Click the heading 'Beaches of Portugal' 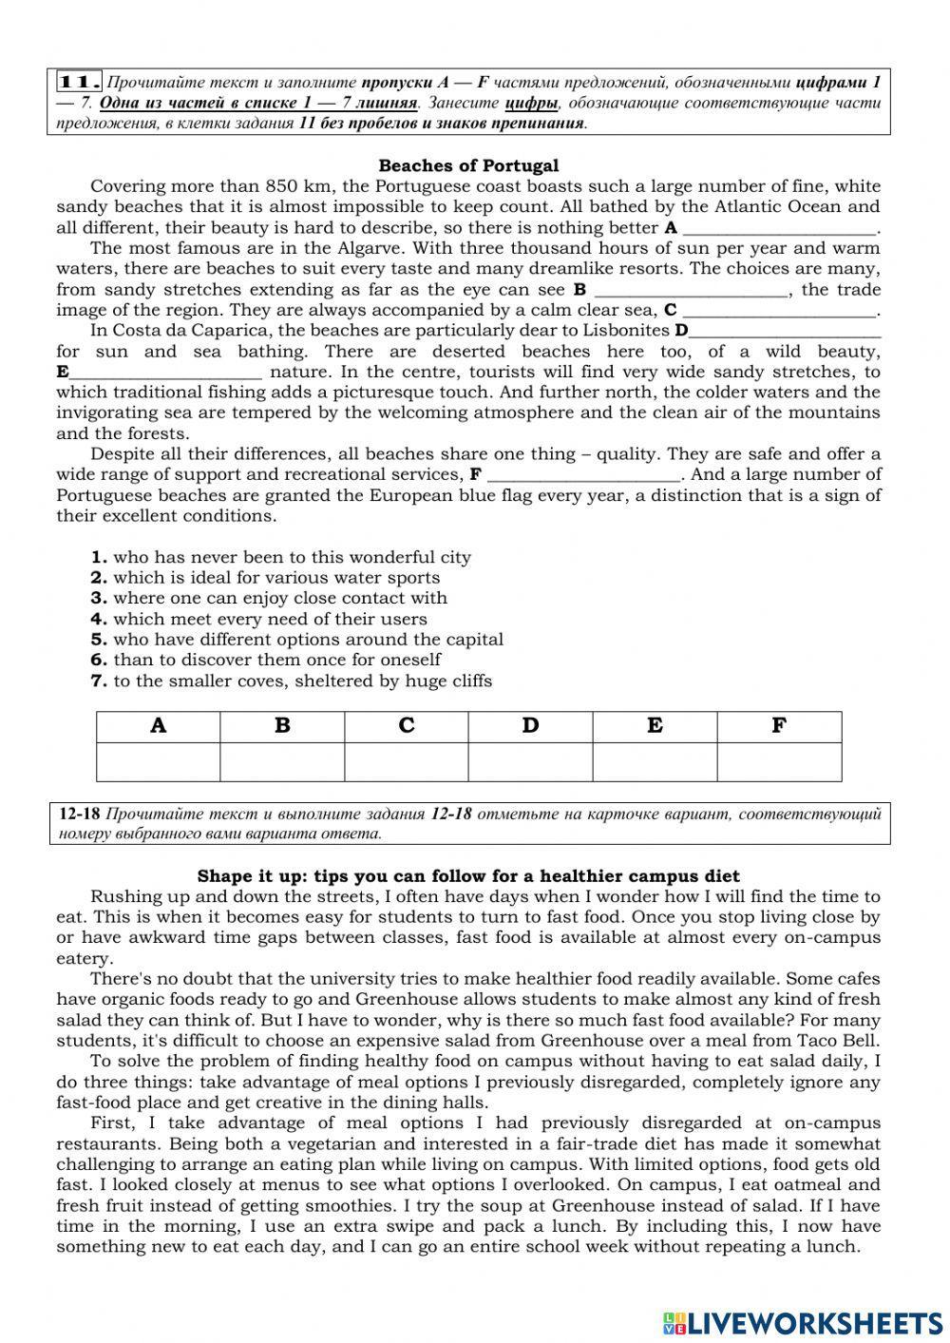(x=468, y=165)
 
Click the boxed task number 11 (x=80, y=81)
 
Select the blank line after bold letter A (x=780, y=229)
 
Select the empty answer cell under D (x=530, y=762)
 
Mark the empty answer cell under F (x=779, y=762)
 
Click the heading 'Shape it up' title (x=468, y=876)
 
